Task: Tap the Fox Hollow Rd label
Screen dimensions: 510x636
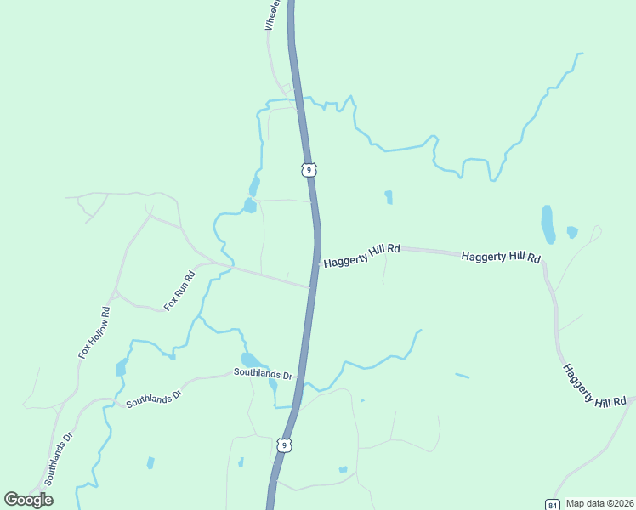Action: click(95, 331)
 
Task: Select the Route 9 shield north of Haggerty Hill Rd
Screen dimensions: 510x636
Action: click(309, 170)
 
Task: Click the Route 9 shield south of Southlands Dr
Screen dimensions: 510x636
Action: click(285, 445)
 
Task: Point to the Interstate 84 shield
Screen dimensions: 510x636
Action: click(553, 503)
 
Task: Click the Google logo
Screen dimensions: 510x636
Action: click(28, 500)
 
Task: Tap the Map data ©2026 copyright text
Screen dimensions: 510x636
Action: click(599, 503)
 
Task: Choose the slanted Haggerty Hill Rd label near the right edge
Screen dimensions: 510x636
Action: click(593, 385)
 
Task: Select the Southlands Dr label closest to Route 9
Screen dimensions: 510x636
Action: click(263, 374)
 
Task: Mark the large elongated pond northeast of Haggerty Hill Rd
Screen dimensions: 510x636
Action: click(548, 224)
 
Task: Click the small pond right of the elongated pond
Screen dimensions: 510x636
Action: click(572, 232)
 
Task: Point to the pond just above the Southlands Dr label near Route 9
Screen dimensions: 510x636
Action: click(251, 360)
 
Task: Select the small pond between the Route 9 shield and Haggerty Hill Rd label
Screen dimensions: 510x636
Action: click(389, 197)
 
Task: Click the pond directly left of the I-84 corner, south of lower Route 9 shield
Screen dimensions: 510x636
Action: click(343, 469)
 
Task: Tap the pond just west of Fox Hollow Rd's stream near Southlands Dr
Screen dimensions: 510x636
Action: click(121, 367)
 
